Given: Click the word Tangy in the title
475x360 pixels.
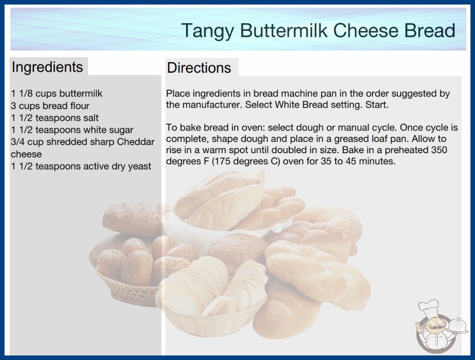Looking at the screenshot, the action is (x=208, y=31).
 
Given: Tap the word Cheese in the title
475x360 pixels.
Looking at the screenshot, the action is (x=366, y=30).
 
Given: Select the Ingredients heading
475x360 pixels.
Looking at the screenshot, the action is (x=47, y=67).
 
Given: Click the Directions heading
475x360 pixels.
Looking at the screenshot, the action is (x=199, y=68).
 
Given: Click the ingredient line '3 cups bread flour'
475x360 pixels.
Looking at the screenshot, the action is (x=50, y=106).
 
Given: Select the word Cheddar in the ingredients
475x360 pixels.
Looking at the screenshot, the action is (x=136, y=142).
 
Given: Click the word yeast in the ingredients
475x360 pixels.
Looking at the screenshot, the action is (x=139, y=166).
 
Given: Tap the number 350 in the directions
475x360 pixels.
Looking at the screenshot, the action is (x=439, y=150).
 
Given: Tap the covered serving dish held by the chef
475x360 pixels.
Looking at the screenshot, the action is (x=457, y=325).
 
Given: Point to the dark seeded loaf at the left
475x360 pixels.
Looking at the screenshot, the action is (x=135, y=219).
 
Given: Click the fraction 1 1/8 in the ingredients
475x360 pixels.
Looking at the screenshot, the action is (x=22, y=94).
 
